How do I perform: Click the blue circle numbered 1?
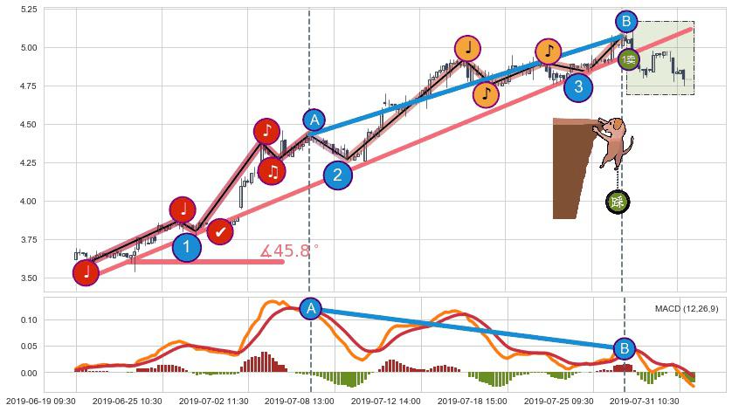tap(186, 247)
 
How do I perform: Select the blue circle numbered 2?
tap(338, 175)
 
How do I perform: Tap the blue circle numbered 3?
tap(577, 86)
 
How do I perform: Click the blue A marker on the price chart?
tap(314, 120)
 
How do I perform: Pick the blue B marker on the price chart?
tap(625, 21)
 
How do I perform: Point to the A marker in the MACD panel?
tap(310, 308)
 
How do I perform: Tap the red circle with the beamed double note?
tap(273, 171)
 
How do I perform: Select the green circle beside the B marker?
tap(629, 59)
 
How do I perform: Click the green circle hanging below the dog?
tap(618, 203)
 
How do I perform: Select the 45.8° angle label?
tap(289, 251)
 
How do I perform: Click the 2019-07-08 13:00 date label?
tap(299, 401)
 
